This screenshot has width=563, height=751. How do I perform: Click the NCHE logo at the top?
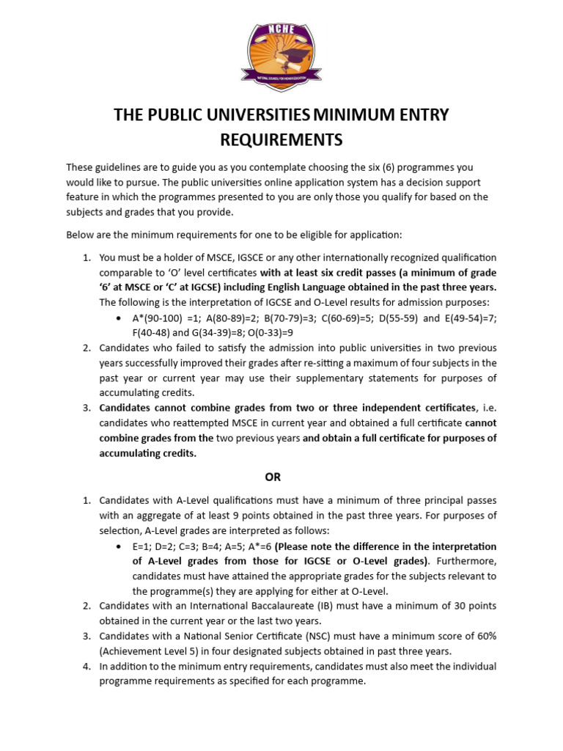pyautogui.click(x=281, y=51)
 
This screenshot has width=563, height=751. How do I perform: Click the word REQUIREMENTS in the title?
pyautogui.click(x=281, y=139)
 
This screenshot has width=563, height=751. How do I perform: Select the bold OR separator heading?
pyautogui.click(x=273, y=477)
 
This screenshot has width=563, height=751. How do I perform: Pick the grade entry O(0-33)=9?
pyautogui.click(x=246, y=331)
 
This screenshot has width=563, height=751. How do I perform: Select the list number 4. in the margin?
pyautogui.click(x=87, y=666)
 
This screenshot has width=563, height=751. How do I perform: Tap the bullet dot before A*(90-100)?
pyautogui.click(x=119, y=318)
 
